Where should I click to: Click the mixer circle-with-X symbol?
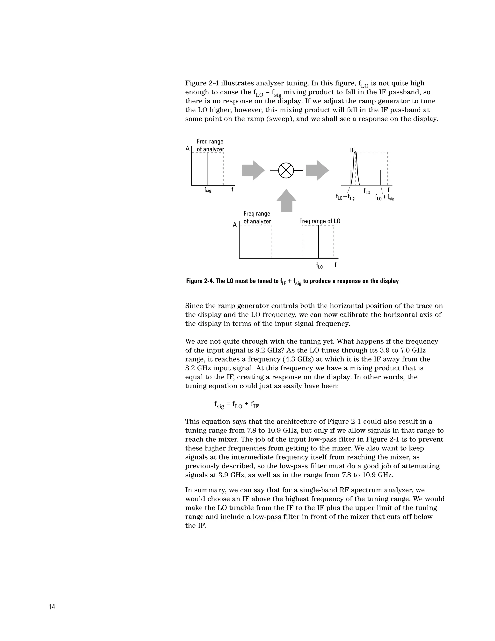[x=286, y=170]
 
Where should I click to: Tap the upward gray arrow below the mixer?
[x=286, y=201]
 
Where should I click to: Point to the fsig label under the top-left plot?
[x=208, y=190]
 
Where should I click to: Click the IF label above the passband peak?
[x=352, y=150]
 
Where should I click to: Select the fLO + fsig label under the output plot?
[x=385, y=198]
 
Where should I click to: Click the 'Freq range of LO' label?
[x=320, y=221]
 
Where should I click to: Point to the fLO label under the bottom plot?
[x=319, y=266]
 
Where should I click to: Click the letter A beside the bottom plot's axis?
[x=235, y=225]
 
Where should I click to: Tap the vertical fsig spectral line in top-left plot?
[x=207, y=169]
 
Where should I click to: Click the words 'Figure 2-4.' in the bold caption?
[x=200, y=281]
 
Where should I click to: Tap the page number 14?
[x=52, y=607]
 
